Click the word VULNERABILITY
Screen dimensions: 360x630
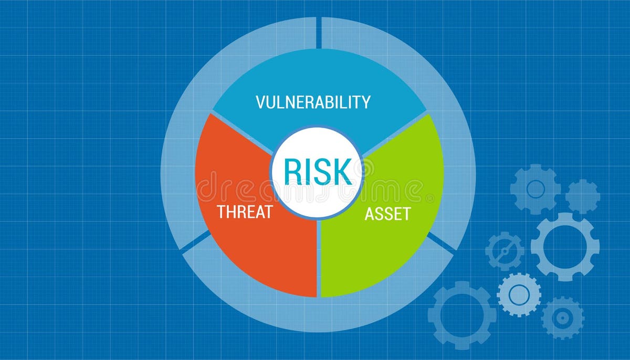(313, 102)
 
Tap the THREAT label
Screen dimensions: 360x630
(245, 213)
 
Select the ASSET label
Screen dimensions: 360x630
(387, 214)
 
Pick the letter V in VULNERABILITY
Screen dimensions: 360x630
(261, 102)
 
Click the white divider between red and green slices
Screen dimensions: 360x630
(318, 257)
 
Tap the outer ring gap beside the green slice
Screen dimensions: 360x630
(441, 242)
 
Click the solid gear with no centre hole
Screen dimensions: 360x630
(582, 196)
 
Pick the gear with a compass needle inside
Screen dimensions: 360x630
(505, 251)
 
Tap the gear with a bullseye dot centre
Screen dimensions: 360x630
(562, 317)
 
